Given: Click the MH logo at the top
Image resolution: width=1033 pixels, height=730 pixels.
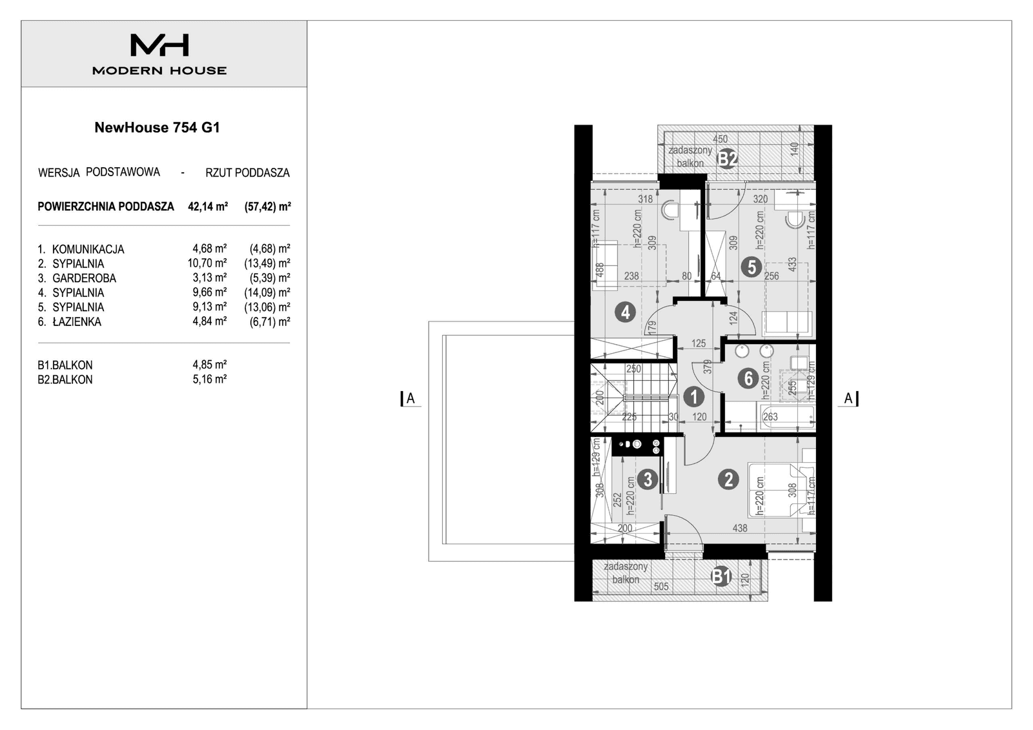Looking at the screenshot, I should click(x=159, y=45).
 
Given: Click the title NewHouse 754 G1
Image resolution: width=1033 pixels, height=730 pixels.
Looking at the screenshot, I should click(x=157, y=127).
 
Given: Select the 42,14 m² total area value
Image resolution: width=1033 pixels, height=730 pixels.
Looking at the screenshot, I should click(x=207, y=207).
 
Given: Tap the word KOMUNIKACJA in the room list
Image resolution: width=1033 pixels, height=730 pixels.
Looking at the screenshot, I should click(x=88, y=249).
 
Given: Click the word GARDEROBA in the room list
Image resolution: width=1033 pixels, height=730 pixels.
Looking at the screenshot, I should click(x=84, y=278).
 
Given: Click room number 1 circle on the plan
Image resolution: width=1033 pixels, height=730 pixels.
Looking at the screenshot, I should click(x=693, y=396).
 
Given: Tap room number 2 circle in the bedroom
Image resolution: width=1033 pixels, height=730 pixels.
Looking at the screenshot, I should click(x=728, y=480).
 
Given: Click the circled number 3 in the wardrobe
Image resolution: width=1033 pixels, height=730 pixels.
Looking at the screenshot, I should click(x=647, y=479).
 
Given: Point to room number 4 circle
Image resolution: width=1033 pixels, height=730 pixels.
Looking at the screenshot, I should click(x=625, y=312).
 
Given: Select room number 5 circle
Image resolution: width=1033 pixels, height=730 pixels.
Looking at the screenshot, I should click(x=750, y=266).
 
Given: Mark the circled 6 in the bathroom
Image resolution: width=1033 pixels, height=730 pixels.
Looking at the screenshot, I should click(x=748, y=378).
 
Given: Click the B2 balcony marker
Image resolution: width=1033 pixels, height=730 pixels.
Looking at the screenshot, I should click(x=728, y=158).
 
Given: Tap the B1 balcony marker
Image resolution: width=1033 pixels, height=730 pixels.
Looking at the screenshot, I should click(x=721, y=576).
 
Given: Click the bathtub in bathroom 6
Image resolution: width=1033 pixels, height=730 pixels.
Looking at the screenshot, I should click(x=788, y=418).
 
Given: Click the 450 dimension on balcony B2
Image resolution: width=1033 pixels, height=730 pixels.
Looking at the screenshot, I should click(x=720, y=139).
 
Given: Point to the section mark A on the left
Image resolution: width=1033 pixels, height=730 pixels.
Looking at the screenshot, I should click(x=410, y=399).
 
